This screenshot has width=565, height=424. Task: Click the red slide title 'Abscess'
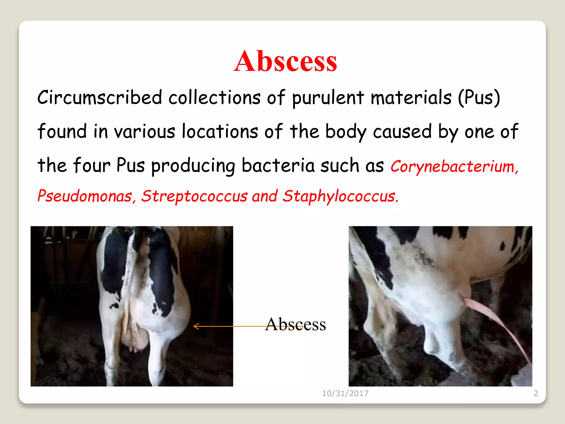coord(285,61)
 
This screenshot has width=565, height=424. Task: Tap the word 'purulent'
coord(328,98)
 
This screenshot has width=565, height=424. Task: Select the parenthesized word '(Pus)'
coord(479,98)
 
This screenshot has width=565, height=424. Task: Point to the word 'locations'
coord(220,131)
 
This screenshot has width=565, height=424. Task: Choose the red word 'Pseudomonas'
coord(85,196)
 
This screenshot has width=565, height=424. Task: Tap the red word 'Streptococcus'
coord(194,196)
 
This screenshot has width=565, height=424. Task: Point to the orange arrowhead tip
coord(194,326)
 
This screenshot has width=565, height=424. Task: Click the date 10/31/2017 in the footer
coord(345,393)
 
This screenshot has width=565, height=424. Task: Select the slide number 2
coord(536,393)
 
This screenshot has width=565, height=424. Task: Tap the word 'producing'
coord(193,166)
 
